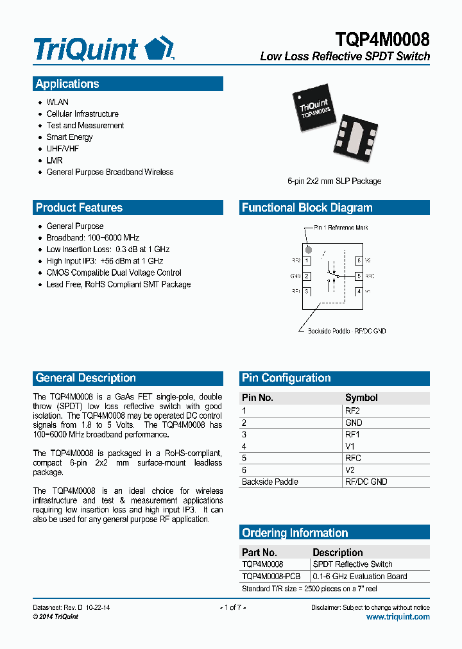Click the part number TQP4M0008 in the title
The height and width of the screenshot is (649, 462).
pos(382,39)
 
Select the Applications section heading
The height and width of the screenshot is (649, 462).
pos(67,84)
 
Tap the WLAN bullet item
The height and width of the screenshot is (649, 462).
pos(57,102)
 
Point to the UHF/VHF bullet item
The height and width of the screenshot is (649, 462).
pos(63,149)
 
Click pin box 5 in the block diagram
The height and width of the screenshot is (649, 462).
pos(359,276)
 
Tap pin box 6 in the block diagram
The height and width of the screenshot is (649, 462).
pos(359,261)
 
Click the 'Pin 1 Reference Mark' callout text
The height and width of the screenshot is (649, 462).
pos(341,228)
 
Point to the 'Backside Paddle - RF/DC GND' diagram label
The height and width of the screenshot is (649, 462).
pos(346,331)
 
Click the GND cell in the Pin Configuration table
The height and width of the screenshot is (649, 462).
pos(354,423)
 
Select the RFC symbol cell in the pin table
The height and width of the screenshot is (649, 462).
pos(353,458)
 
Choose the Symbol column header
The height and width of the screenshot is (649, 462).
pos(361,398)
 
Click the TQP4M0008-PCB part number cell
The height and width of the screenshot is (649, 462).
pos(271,576)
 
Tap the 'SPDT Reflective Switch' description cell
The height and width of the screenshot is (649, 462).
pos(352,564)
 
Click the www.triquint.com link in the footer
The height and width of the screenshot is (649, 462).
pos(398,617)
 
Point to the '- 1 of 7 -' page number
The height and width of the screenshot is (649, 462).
pos(232,607)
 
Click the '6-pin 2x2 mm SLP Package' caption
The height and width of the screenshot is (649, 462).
pos(334,181)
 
